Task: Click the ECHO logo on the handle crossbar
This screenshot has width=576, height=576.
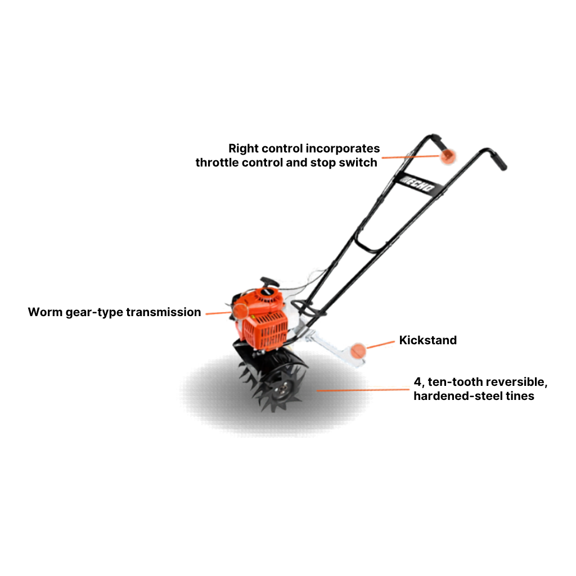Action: point(417,184)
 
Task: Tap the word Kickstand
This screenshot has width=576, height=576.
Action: point(428,340)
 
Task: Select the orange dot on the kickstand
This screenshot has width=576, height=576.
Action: point(358,351)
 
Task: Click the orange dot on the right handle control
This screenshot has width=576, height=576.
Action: point(448,156)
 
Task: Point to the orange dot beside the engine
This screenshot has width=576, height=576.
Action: point(241,311)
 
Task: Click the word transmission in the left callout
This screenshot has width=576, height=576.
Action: point(164,312)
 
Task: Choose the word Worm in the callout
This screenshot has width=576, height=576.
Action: point(45,312)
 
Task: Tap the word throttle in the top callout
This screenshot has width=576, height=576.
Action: point(217,163)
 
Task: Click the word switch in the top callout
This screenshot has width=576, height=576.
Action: point(358,163)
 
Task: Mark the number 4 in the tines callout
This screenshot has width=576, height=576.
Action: point(418,382)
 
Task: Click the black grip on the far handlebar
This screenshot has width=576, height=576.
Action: point(498,161)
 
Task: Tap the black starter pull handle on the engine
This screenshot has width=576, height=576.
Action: point(269,282)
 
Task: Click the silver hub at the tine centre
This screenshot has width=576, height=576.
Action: point(283,387)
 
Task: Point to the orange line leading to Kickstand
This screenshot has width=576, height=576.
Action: point(380,345)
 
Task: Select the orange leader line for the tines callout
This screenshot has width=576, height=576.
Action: point(363,390)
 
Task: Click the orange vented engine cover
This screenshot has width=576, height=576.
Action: point(265,330)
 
